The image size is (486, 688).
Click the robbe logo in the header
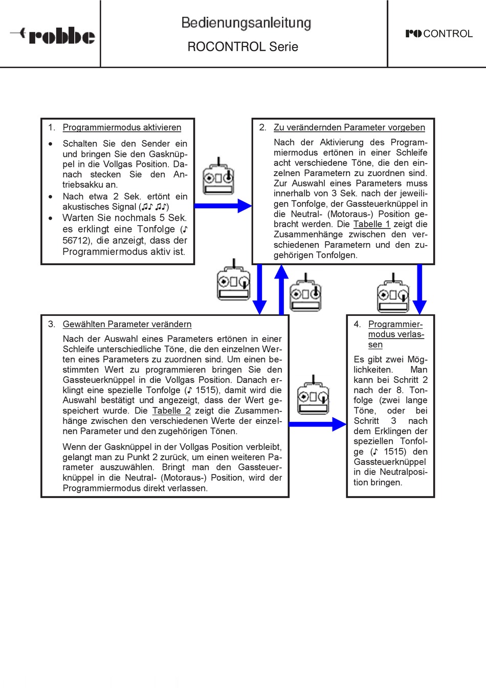(53, 35)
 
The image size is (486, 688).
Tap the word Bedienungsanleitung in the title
(246, 24)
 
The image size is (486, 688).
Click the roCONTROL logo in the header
(439, 33)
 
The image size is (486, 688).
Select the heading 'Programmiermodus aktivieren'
(122, 127)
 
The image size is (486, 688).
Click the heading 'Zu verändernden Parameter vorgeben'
(349, 127)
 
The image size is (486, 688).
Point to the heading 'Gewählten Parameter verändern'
(127, 324)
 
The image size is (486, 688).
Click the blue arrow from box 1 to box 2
(223, 206)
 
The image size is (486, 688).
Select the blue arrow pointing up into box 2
(281, 290)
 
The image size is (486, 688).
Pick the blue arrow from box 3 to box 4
(318, 424)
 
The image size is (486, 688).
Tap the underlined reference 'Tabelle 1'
(371, 224)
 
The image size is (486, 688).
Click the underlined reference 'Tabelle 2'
(171, 411)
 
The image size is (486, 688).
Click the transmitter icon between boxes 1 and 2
(218, 176)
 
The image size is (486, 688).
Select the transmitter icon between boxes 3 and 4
(313, 395)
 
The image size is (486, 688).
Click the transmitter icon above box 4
(393, 293)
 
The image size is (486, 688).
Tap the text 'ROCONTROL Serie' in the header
(243, 47)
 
